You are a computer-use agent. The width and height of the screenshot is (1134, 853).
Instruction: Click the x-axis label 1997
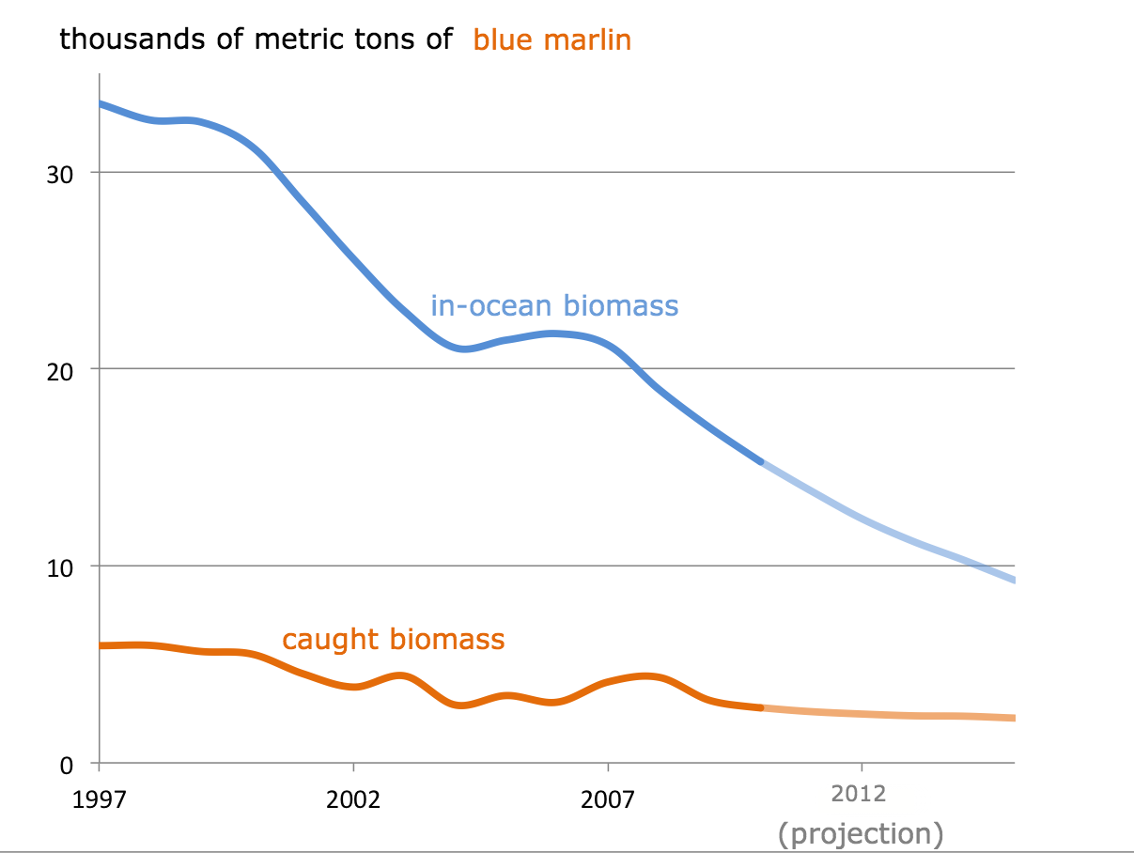pos(99,800)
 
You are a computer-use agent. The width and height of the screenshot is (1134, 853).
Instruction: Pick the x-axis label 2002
pos(353,800)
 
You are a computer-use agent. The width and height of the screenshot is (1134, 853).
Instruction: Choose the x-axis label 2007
pos(608,800)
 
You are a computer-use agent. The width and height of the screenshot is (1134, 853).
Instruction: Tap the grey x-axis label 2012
pos(859,795)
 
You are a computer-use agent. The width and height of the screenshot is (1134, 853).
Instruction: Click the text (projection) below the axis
pos(861,833)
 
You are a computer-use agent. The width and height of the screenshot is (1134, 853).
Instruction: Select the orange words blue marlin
pos(552,40)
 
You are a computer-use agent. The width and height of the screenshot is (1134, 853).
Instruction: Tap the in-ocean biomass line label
pos(554,306)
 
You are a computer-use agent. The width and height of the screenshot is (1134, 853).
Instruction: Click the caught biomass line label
pos(394,640)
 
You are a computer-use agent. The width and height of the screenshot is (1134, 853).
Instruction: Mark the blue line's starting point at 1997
pos(100,103)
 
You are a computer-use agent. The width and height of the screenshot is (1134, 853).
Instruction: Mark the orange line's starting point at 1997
pos(100,646)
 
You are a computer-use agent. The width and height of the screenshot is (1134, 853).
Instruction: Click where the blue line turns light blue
pos(761,462)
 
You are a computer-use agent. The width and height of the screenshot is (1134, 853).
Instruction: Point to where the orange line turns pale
pos(761,707)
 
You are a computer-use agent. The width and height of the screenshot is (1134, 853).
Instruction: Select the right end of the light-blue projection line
pos(1014,581)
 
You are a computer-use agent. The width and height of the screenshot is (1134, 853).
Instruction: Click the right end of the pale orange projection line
pos(1014,719)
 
